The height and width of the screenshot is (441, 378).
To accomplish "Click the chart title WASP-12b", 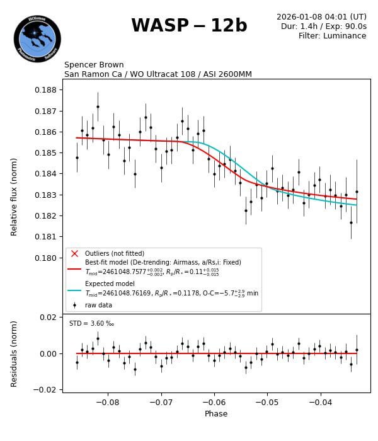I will (189, 26).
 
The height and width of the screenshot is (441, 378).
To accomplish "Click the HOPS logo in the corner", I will (37, 39).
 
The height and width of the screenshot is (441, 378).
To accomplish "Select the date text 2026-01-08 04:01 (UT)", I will (321, 17).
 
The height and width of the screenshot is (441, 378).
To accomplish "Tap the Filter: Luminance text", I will (332, 36).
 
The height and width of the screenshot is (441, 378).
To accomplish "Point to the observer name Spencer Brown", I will (94, 65).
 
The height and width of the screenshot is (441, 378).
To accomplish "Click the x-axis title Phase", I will (216, 414).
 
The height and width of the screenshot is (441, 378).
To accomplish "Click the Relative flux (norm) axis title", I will (14, 196).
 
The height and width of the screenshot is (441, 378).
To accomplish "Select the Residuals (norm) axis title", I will (14, 353).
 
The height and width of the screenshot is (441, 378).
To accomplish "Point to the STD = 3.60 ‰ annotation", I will (91, 324).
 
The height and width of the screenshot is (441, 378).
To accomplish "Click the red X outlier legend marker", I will (74, 253).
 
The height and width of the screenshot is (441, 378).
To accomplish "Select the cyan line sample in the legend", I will (74, 290).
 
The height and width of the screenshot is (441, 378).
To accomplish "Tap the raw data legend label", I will (99, 304).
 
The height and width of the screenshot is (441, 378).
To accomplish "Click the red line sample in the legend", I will (74, 268).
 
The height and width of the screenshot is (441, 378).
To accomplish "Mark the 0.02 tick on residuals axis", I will (49, 317).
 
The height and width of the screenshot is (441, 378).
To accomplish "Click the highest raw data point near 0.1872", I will (98, 106).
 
